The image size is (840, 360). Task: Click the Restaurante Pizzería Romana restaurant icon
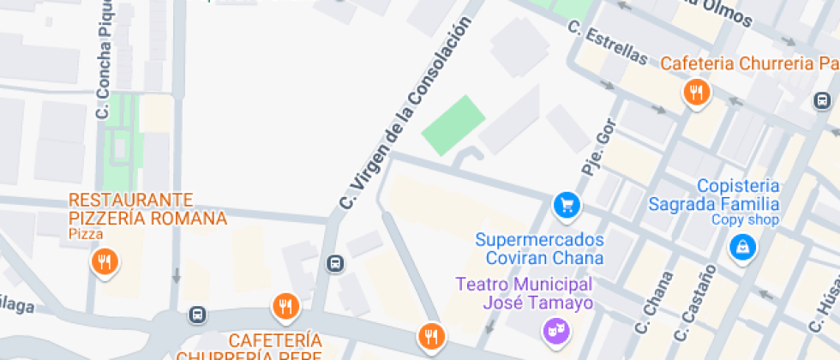[104, 261]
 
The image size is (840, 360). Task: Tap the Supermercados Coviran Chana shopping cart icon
[567, 204]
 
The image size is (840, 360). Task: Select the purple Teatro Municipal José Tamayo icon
[555, 328]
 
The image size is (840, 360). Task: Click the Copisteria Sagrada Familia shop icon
[738, 247]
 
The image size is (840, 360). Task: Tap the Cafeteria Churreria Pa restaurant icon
[696, 93]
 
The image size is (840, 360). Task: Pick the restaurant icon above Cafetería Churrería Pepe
[285, 305]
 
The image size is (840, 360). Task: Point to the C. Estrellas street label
[607, 42]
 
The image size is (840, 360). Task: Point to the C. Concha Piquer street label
[104, 60]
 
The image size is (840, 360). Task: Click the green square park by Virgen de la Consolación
[453, 125]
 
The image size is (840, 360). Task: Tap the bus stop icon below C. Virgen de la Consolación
[335, 263]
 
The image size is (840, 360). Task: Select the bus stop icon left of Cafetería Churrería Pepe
[198, 315]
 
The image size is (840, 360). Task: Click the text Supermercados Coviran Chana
[540, 249]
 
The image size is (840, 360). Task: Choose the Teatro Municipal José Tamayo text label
[525, 293]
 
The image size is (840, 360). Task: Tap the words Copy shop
[745, 220]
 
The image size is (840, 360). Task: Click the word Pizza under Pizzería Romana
[86, 233]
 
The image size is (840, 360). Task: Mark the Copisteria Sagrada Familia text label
[737, 195]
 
